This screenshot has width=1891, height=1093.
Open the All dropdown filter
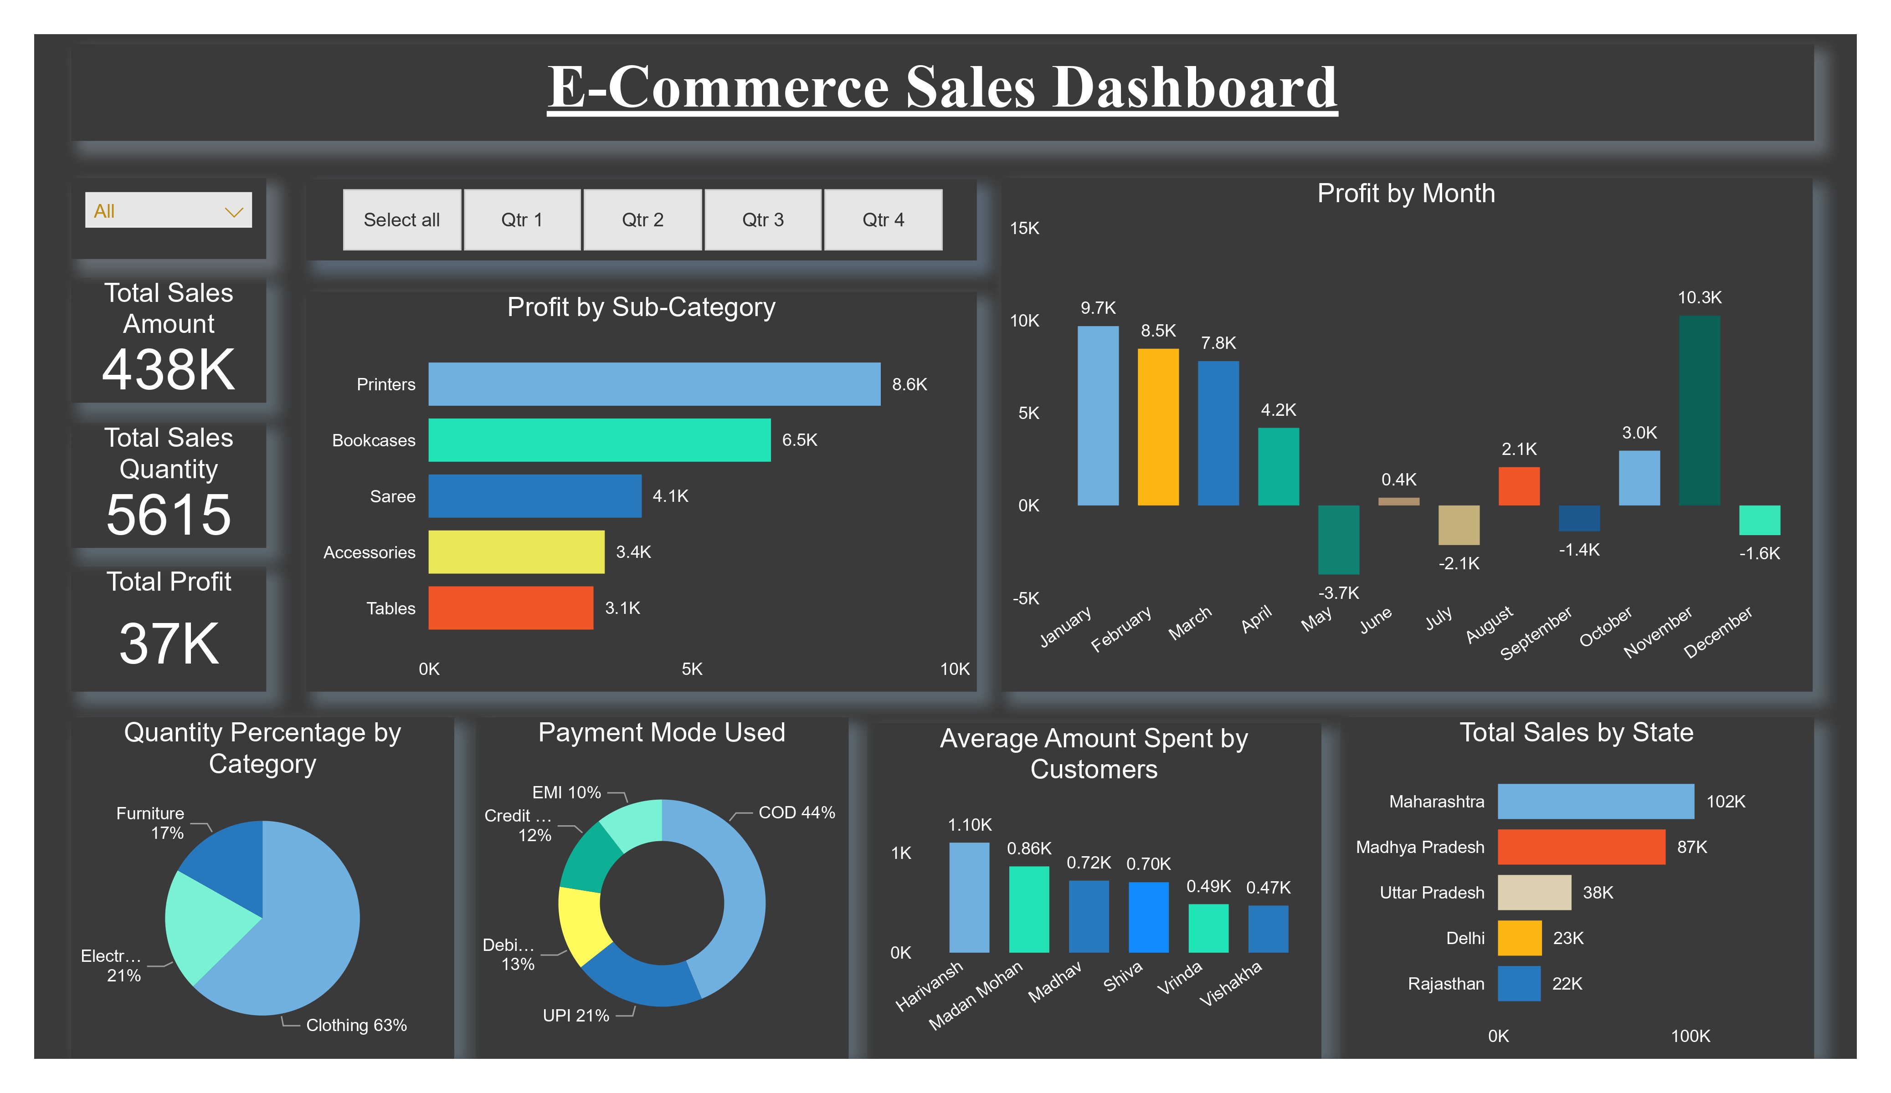tap(168, 211)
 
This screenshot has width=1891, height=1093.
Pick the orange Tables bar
tap(510, 608)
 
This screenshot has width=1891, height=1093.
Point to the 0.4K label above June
tap(1399, 480)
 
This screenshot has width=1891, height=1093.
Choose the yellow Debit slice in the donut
tap(583, 924)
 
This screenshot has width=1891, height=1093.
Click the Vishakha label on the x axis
tap(1231, 984)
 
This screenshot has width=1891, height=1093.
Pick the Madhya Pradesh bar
tap(1581, 847)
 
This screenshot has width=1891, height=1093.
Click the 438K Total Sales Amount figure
tap(169, 370)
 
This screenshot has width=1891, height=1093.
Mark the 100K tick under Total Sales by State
tap(1690, 1036)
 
